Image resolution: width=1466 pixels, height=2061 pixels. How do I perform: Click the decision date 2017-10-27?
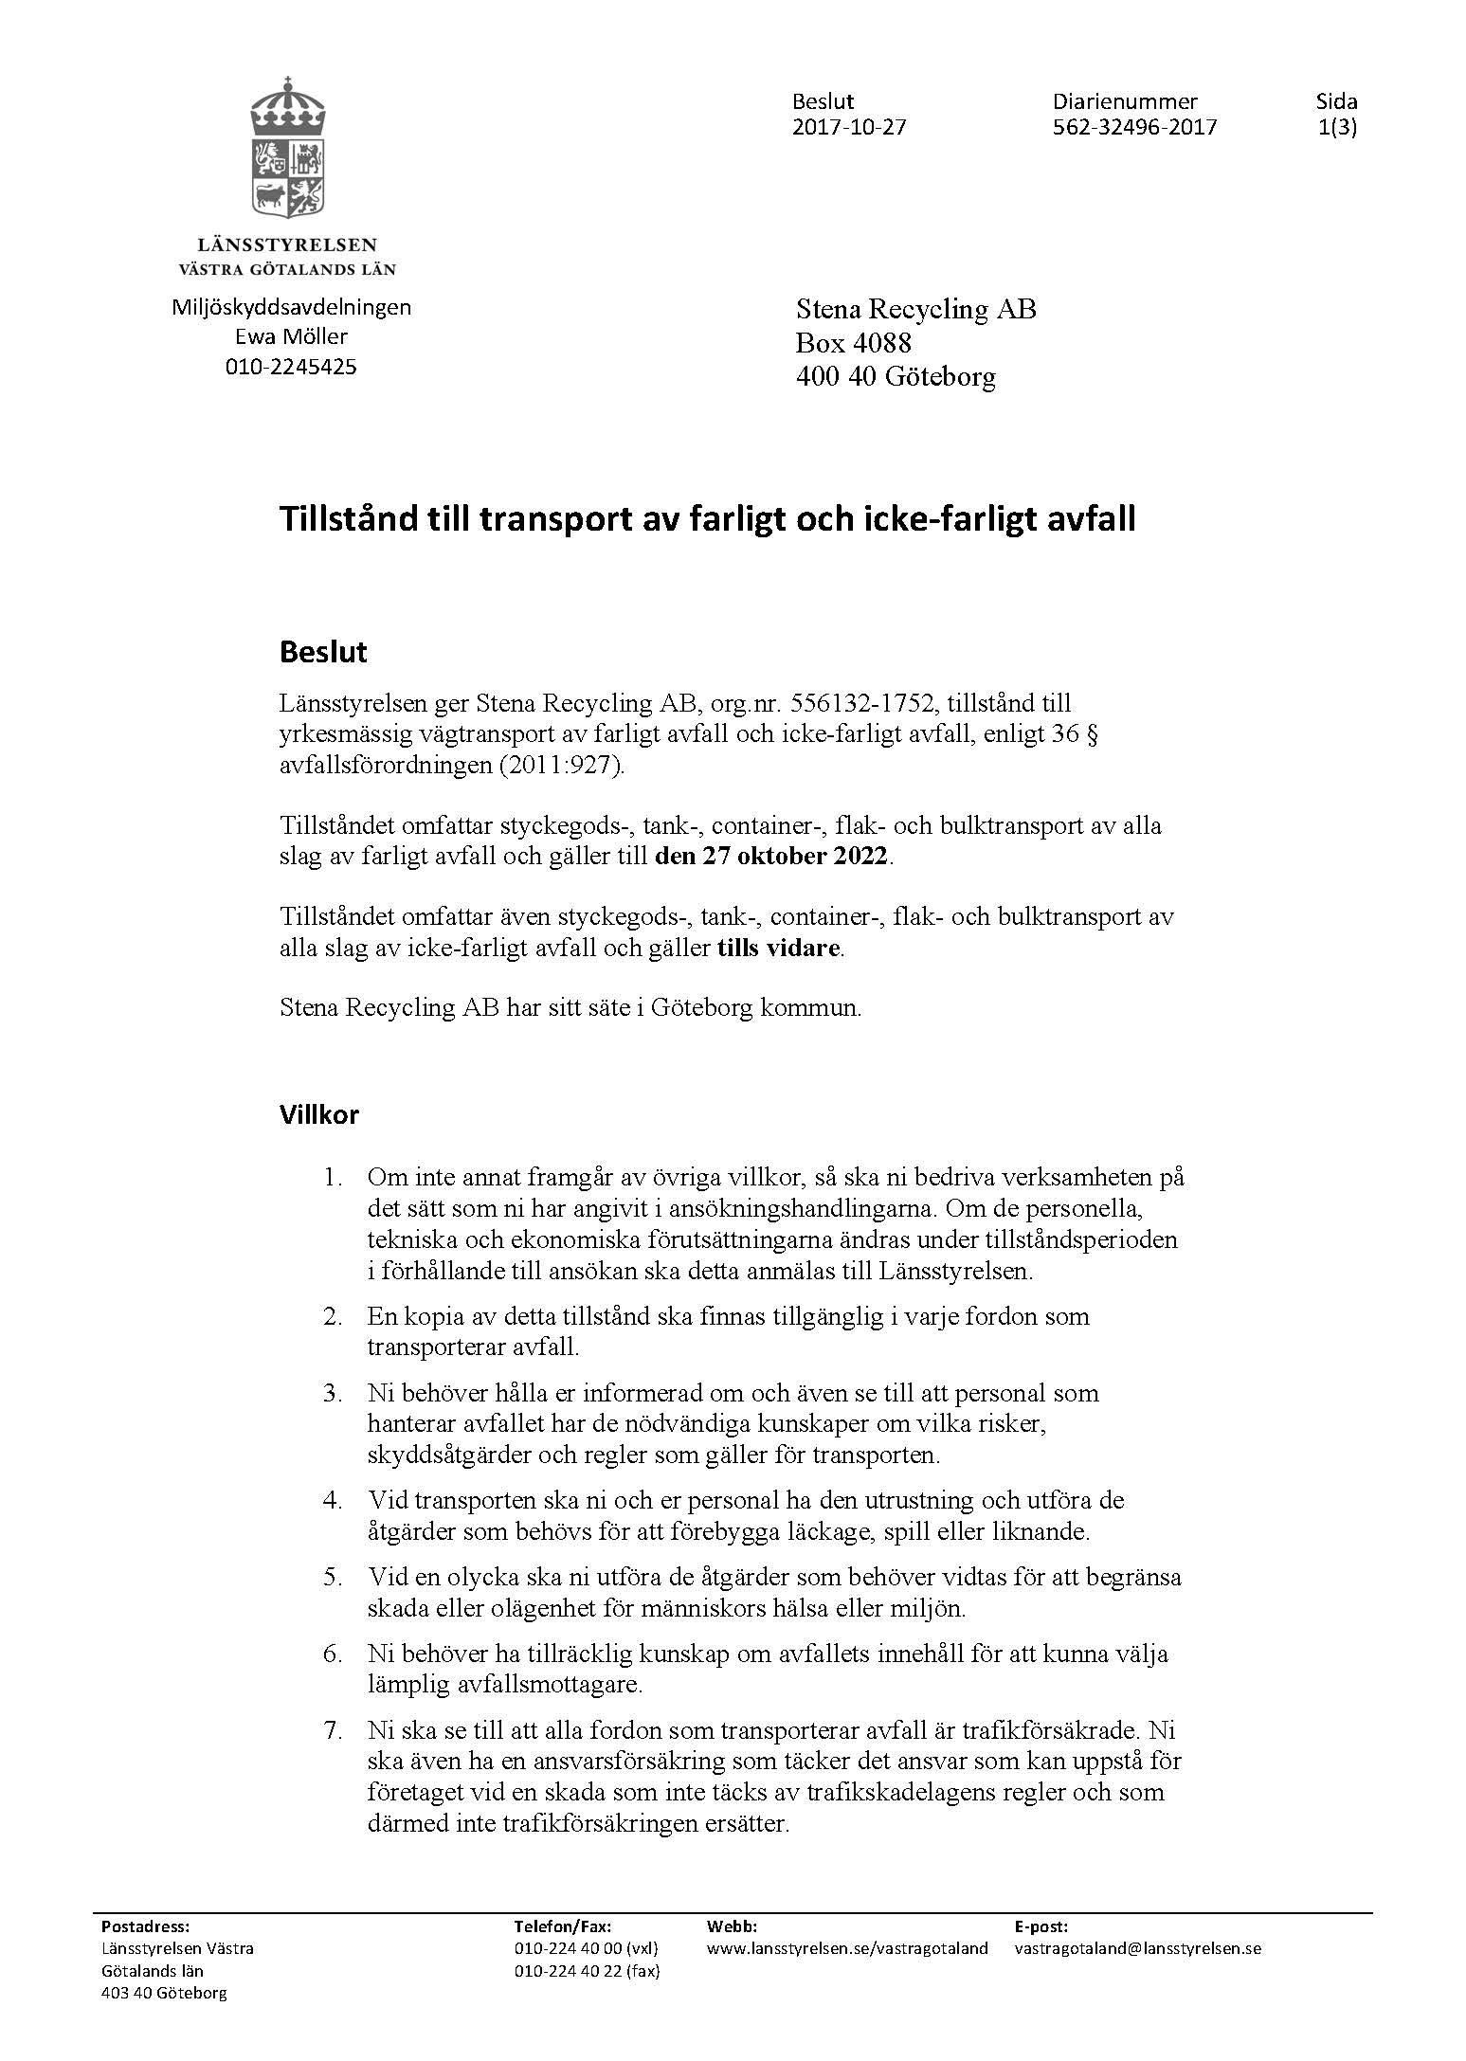coord(848,127)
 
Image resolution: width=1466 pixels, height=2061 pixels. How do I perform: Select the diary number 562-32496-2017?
coord(1134,127)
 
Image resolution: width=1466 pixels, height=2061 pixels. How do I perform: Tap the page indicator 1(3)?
coord(1337,127)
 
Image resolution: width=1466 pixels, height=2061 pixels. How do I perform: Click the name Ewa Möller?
coord(291,336)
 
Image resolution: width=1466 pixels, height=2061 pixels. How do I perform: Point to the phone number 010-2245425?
coord(291,367)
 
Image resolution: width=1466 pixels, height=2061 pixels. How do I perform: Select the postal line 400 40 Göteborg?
coord(896,377)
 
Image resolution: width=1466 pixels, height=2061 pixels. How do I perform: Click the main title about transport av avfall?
coord(706,519)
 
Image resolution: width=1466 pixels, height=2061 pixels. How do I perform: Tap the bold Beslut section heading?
coord(323,652)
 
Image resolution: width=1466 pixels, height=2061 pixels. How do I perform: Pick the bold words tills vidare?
coord(779,948)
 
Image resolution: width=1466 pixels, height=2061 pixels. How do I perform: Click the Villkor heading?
coord(319,1114)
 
